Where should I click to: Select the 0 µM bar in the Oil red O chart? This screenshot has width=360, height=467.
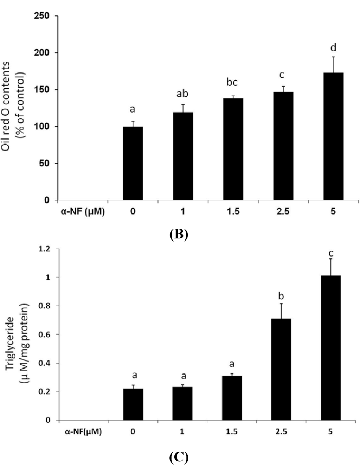133,163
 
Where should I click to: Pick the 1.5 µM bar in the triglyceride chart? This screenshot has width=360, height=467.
232,398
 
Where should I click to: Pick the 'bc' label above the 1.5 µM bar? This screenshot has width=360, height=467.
232,82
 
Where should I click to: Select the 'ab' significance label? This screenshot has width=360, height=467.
182,94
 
